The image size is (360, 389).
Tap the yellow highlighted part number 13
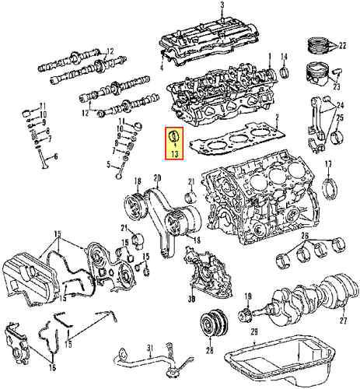(x=174, y=154)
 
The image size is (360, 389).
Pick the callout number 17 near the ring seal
(x=327, y=163)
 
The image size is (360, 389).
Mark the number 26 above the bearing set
(x=304, y=236)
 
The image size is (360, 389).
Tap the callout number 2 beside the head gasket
(x=276, y=117)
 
